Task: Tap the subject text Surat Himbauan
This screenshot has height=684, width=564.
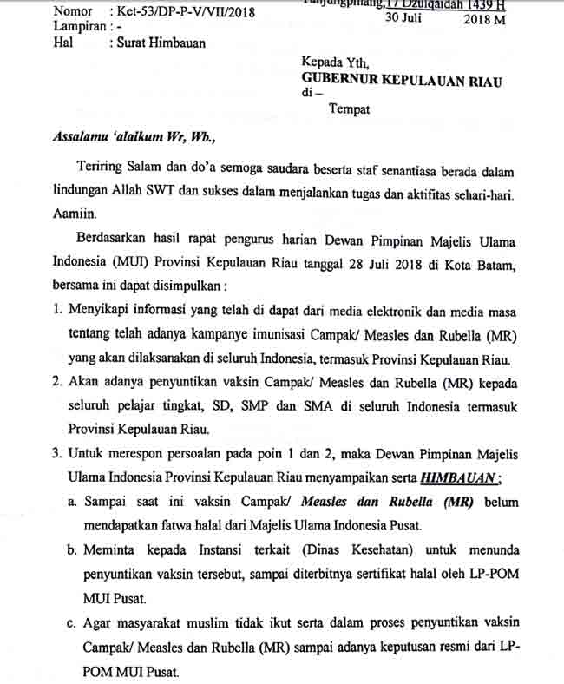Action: pos(162,43)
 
